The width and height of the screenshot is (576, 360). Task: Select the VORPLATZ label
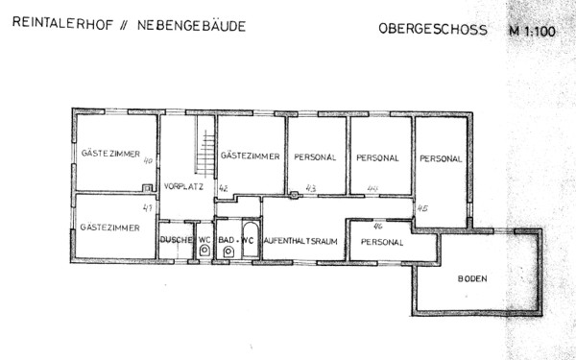pos(181,185)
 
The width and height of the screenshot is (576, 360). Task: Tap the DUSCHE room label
pos(177,239)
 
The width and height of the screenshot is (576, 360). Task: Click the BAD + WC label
pos(236,239)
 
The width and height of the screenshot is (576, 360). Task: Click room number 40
pos(148,161)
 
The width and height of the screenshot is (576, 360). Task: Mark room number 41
pos(147,207)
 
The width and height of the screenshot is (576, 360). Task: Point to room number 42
pos(223,188)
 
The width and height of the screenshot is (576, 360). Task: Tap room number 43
pos(310,188)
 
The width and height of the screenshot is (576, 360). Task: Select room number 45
pos(421,207)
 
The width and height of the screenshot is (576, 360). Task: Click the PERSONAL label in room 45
pos(441,158)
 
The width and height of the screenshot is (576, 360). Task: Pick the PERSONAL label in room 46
pos(381,242)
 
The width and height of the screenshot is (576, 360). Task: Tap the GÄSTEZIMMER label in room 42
pos(250,156)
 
